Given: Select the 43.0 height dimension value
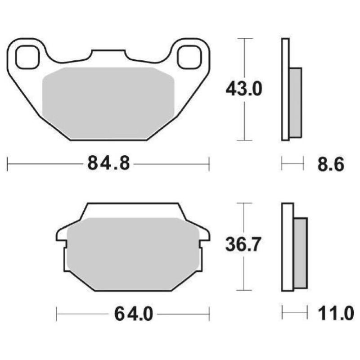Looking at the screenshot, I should tap(243, 90).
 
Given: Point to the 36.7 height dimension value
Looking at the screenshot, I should tap(243, 246).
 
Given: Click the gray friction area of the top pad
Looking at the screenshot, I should tap(108, 101).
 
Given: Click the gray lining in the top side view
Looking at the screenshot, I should tap(295, 103).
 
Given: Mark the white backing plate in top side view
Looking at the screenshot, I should tap(285, 90).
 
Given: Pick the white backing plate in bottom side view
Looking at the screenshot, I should tap(288, 247).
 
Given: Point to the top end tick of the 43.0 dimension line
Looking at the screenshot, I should tap(243, 39).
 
